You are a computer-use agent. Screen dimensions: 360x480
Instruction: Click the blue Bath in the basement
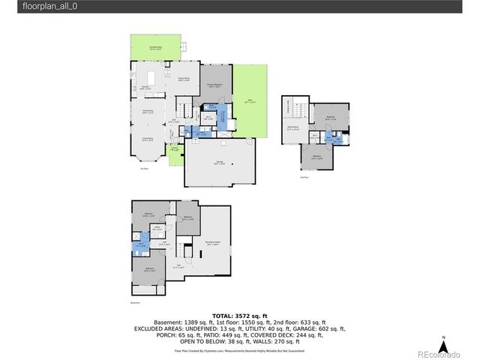click(x=139, y=244)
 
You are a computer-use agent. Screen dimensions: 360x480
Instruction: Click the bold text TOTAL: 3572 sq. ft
click(x=239, y=316)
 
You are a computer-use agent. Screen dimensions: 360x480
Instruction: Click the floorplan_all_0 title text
click(x=34, y=6)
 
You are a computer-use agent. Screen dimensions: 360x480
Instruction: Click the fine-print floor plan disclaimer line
click(x=239, y=349)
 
